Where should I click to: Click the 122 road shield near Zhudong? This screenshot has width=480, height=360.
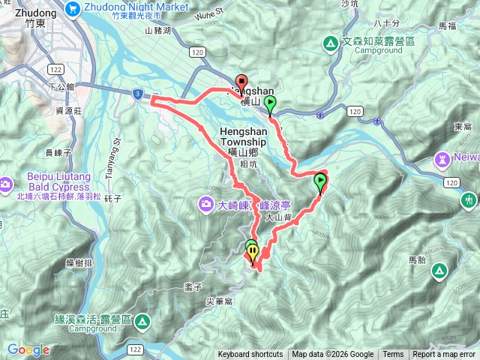pyautogui.click(x=35, y=68)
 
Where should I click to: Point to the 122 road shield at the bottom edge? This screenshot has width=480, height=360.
pyautogui.click(x=136, y=349)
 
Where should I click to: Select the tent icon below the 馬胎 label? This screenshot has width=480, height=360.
pyautogui.click(x=438, y=270)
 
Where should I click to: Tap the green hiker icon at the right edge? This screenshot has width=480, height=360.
pyautogui.click(x=469, y=200)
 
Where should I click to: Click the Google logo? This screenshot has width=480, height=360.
pyautogui.click(x=28, y=349)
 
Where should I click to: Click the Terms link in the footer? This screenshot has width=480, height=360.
pyautogui.click(x=393, y=355)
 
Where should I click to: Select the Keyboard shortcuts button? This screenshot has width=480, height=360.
pyautogui.click(x=250, y=355)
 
